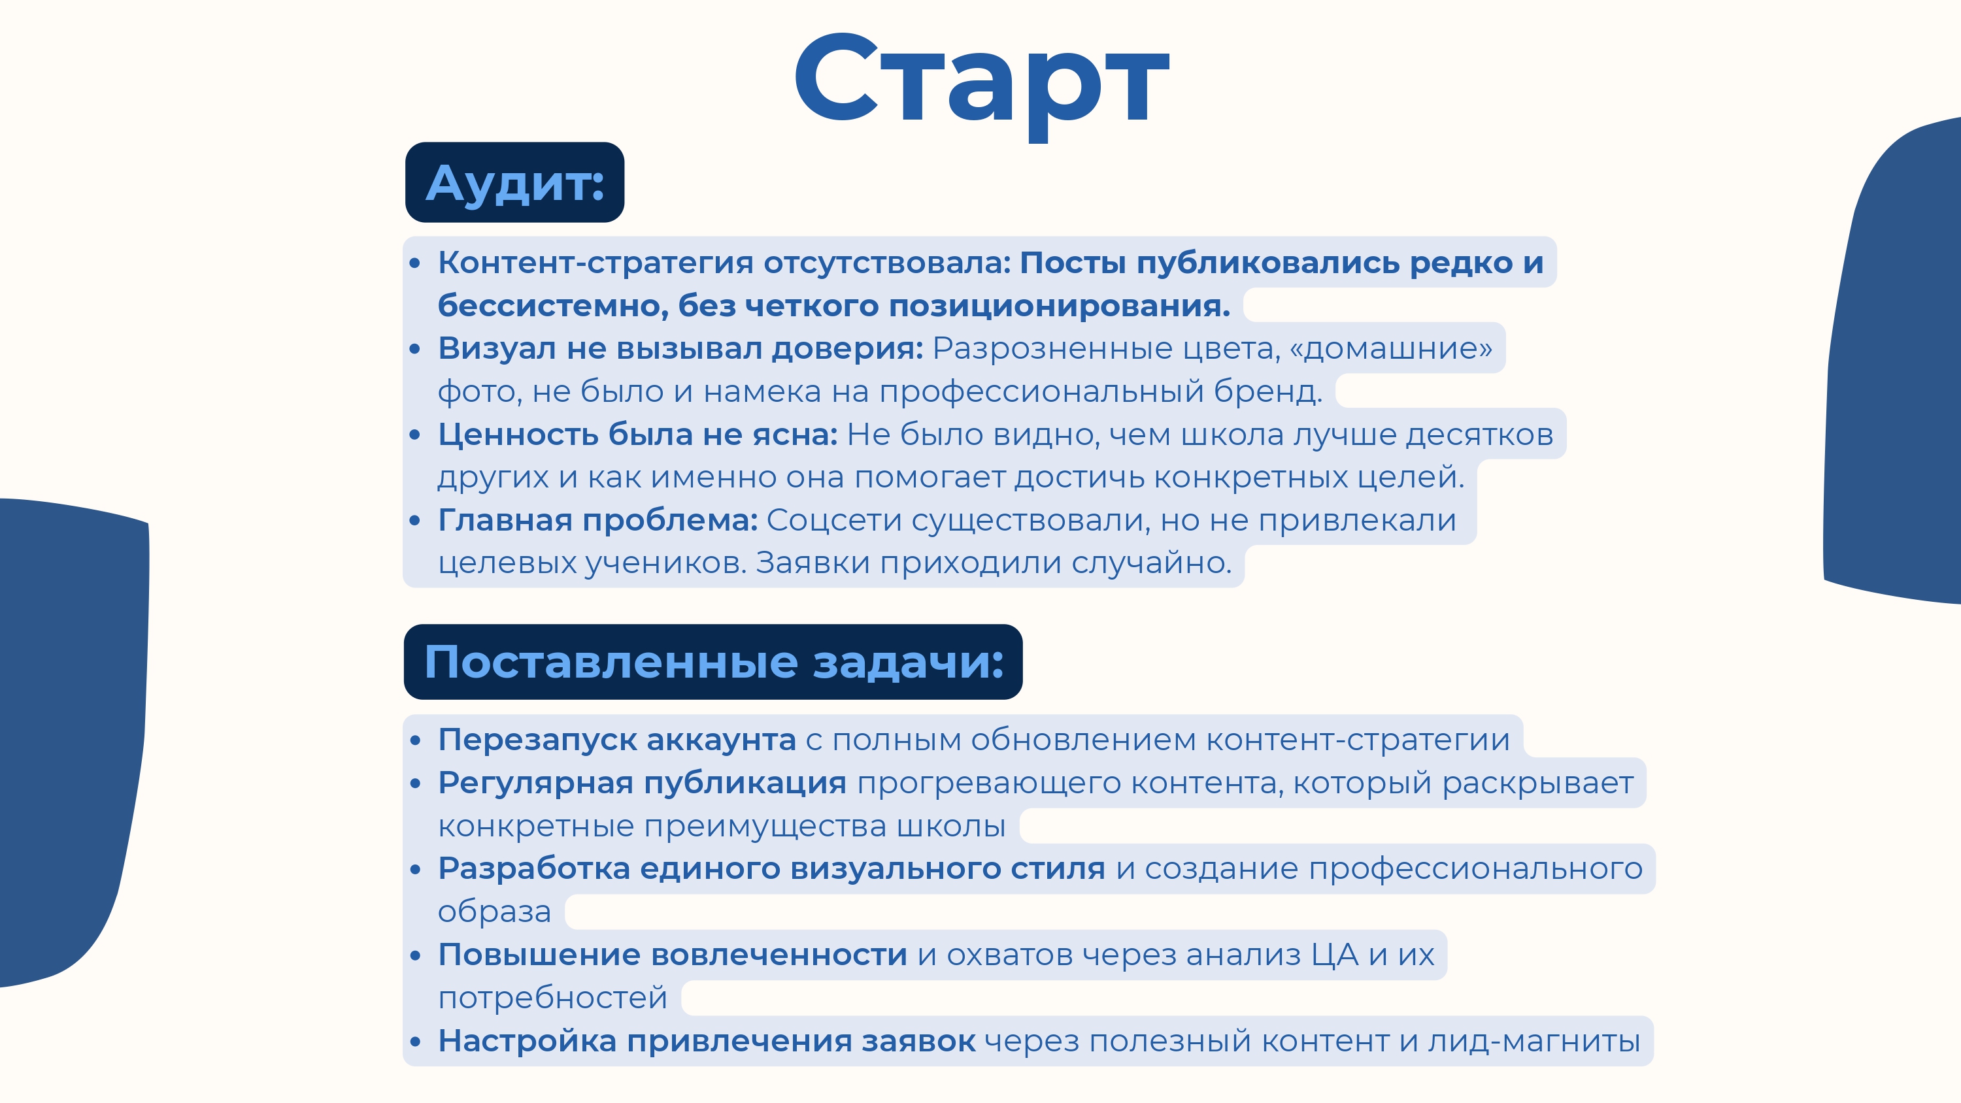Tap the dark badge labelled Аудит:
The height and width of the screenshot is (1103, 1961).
click(x=514, y=183)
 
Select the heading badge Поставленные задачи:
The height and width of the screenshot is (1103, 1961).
click(x=713, y=661)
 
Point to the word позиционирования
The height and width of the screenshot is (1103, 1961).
click(x=1059, y=306)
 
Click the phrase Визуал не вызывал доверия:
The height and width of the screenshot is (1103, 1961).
click(x=680, y=349)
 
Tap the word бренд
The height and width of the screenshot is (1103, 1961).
click(x=1267, y=391)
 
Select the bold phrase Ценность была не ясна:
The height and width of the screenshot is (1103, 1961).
click(x=637, y=435)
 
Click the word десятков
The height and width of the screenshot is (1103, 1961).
click(x=1479, y=435)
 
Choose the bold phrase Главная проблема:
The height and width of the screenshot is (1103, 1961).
click(x=597, y=521)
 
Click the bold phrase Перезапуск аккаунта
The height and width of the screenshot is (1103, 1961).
click(x=616, y=740)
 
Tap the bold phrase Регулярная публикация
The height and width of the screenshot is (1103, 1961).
click(x=642, y=783)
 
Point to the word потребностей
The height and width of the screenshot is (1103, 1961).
click(x=552, y=998)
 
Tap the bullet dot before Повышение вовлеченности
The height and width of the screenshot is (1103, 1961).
click(x=415, y=955)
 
